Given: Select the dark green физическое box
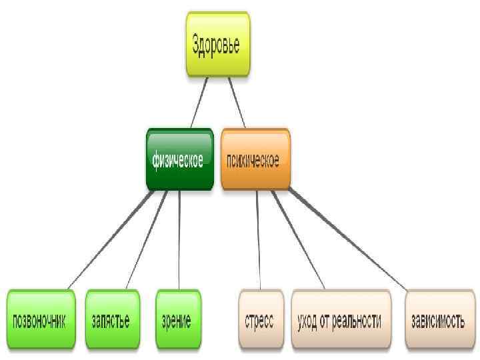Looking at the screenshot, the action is pos(179,159).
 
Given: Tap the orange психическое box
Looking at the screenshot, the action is pos(255,159).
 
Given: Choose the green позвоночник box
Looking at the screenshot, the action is pos(40,319).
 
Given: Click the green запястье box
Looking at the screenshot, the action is pos(111,319).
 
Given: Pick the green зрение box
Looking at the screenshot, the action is pos(177,319).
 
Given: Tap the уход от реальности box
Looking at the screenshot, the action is pos(340,319).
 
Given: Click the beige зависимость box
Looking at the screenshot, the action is pos(437,319).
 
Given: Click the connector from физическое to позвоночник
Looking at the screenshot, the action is pos(107,240).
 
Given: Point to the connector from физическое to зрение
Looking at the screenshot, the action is pos(180,240).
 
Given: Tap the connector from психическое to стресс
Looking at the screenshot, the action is pos(259,240).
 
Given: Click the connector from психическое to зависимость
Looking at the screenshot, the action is pos(347,240).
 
